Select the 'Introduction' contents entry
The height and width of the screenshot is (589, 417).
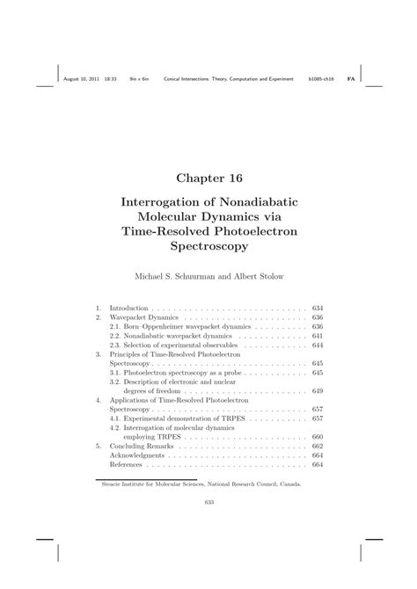coord(128,309)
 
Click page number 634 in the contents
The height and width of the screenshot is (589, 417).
coord(318,309)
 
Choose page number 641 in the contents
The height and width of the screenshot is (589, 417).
coord(318,335)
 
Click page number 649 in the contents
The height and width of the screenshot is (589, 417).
coord(318,389)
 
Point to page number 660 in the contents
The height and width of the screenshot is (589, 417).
coord(318,437)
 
